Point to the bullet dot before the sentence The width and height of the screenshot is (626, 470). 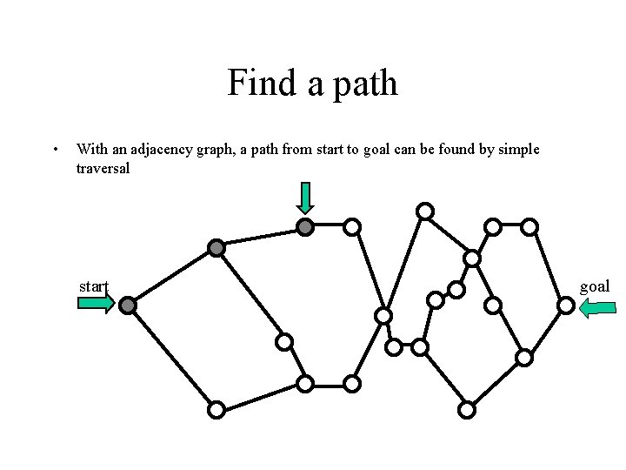(56, 150)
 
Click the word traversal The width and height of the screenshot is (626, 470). (103, 168)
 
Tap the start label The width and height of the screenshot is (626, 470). (93, 286)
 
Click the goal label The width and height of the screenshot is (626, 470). (595, 286)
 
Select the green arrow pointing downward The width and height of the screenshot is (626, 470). (304, 198)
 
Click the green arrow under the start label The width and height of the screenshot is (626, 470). (96, 304)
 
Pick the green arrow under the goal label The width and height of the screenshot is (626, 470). (597, 306)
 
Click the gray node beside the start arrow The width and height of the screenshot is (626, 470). (128, 305)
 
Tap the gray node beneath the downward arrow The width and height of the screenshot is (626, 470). (304, 227)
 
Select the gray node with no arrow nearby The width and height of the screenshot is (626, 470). (216, 248)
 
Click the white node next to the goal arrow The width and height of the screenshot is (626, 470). (565, 305)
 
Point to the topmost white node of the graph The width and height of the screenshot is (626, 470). (424, 211)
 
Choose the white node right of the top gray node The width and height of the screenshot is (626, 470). (351, 227)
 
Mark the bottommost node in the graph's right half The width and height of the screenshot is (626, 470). (467, 409)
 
